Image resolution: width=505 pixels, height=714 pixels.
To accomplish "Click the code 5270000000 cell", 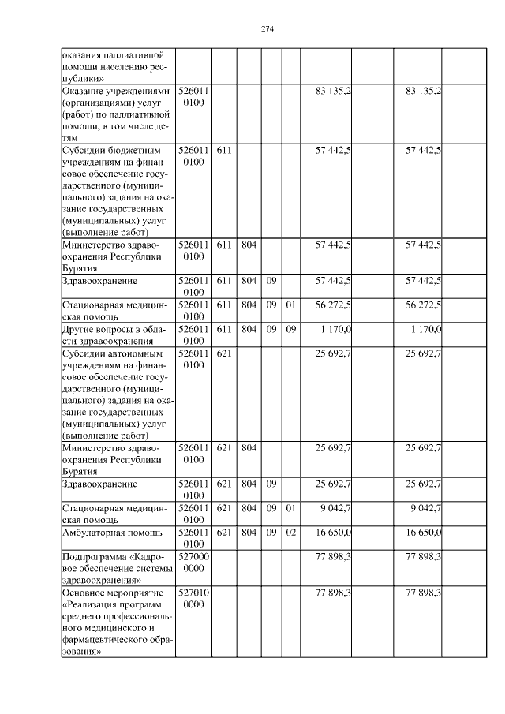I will point(193,562).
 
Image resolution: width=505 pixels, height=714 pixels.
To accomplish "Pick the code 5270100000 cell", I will point(193,597).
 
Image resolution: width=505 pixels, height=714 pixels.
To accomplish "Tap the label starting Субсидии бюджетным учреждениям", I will point(117,190).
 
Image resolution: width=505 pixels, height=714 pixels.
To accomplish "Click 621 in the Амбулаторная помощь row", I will point(223,533).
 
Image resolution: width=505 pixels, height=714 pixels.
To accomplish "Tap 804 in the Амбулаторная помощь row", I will point(249,533).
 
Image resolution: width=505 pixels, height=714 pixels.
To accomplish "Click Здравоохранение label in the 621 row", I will point(100,483).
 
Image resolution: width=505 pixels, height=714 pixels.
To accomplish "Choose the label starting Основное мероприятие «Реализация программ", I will point(117,622).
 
